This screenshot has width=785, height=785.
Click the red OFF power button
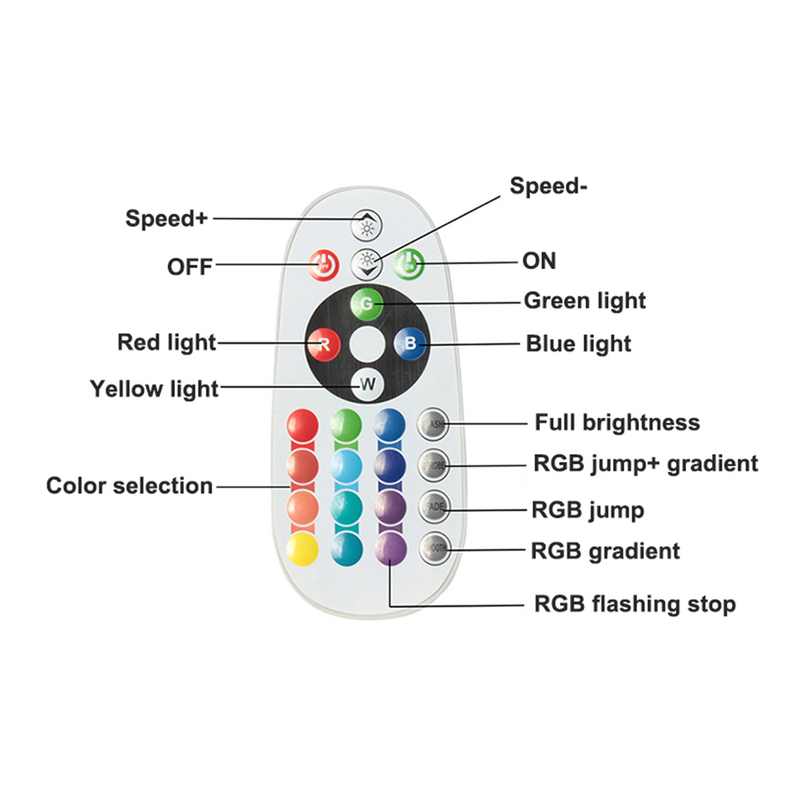click(x=324, y=265)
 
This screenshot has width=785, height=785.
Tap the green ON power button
click(x=409, y=264)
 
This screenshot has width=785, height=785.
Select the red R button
click(x=324, y=344)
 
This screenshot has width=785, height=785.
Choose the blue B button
click(x=410, y=343)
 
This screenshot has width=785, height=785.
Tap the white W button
click(x=367, y=384)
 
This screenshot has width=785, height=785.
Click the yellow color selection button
click(x=303, y=549)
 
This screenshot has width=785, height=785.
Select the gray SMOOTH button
click(x=435, y=548)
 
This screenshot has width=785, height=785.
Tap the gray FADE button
click(x=434, y=506)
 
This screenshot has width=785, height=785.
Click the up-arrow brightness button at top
click(x=366, y=225)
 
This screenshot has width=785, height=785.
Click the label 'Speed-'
click(x=548, y=186)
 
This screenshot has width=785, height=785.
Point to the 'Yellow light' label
click(x=154, y=389)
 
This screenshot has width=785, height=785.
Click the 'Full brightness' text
click(x=617, y=422)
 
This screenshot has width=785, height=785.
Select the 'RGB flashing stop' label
click(x=635, y=604)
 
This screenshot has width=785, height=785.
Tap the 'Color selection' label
click(x=130, y=486)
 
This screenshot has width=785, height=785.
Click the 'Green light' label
click(x=585, y=301)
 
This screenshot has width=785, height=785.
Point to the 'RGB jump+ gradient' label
click(x=646, y=464)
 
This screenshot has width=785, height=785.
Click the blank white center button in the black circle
click(x=367, y=344)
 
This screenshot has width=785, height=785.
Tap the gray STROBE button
click(x=434, y=465)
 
